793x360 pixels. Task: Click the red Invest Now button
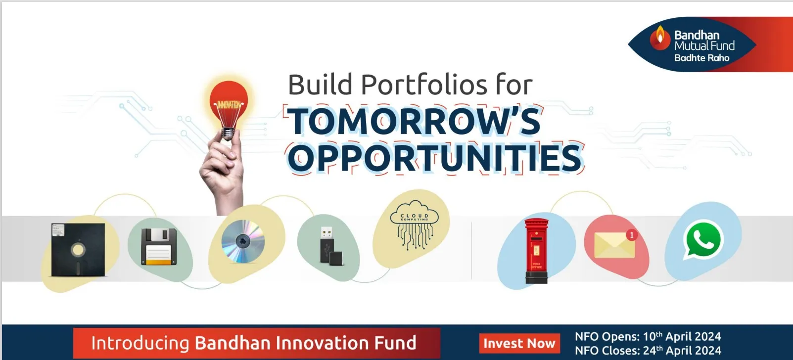519,343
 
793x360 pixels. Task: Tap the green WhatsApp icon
703,240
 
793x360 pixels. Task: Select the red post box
536,251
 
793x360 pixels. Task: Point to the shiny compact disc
243,241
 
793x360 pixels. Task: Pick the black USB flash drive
330,246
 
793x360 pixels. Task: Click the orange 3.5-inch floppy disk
159,246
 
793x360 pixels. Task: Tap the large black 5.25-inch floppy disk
78,250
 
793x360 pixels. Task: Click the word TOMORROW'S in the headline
414,122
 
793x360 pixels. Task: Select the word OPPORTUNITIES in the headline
434,158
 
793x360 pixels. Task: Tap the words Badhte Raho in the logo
701,58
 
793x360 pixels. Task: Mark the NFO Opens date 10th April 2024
682,337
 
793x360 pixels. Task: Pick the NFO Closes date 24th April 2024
682,351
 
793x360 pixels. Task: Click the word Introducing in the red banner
140,343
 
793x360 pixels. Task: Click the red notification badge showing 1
631,235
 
